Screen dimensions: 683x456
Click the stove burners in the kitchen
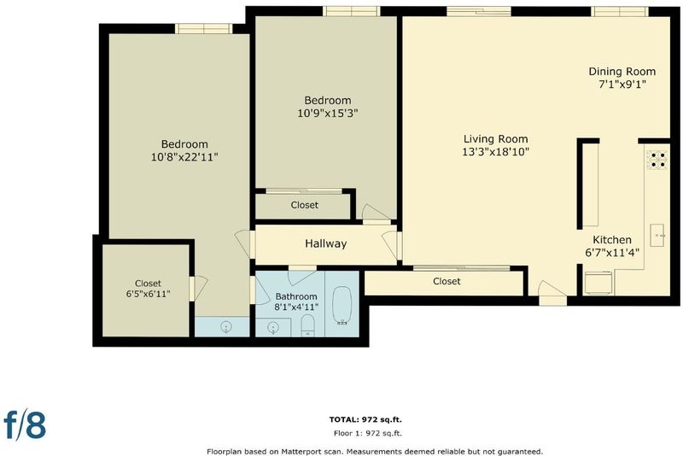pos(657,160)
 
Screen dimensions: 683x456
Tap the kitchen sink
pos(657,235)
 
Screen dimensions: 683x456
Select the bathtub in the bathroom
pos(342,306)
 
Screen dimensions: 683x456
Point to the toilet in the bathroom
pos(308,325)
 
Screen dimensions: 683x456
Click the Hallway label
pos(326,243)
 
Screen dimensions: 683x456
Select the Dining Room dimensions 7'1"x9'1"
pos(622,84)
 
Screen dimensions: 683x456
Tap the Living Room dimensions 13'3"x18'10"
pos(496,151)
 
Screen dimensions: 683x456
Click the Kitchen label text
pos(612,240)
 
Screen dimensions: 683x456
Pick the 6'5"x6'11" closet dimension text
pos(148,294)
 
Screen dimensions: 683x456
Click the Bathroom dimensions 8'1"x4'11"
pos(296,307)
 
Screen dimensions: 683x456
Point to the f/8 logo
pos(25,424)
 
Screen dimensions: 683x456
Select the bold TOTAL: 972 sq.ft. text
pos(365,420)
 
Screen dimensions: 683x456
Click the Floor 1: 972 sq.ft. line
pos(368,433)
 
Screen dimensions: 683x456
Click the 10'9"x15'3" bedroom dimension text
pos(328,114)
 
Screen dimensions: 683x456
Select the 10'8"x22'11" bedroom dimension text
pos(184,157)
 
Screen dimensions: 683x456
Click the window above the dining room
pos(620,12)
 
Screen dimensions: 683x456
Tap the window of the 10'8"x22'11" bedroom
pos(204,29)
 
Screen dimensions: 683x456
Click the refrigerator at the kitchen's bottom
pos(598,284)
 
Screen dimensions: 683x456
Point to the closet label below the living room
pos(447,281)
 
